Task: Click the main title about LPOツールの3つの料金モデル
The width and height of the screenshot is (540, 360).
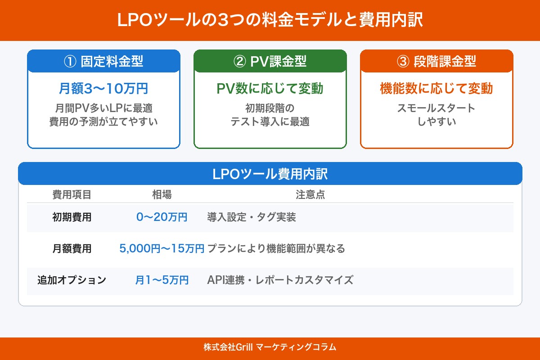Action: [270, 21]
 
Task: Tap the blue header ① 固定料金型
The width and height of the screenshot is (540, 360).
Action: [103, 62]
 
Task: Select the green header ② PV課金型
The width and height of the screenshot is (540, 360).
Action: [270, 62]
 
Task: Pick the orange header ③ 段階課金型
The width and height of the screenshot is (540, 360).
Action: [436, 62]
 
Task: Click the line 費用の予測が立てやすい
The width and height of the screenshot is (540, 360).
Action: [103, 121]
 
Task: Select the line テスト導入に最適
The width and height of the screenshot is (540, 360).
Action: [270, 121]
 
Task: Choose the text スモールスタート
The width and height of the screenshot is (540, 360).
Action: [436, 108]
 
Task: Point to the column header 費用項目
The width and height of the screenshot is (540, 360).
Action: [72, 194]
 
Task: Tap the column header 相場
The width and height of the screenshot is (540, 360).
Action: [162, 194]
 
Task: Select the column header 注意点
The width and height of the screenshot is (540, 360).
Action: [310, 194]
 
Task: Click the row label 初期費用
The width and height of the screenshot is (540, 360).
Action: [72, 217]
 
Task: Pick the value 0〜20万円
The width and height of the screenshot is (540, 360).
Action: [162, 217]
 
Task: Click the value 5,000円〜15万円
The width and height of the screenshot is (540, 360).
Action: [162, 248]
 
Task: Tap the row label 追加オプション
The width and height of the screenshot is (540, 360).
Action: [72, 280]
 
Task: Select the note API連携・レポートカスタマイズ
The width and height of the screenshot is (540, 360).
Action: [280, 280]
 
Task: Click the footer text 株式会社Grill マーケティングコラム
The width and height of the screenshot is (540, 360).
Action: [270, 347]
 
